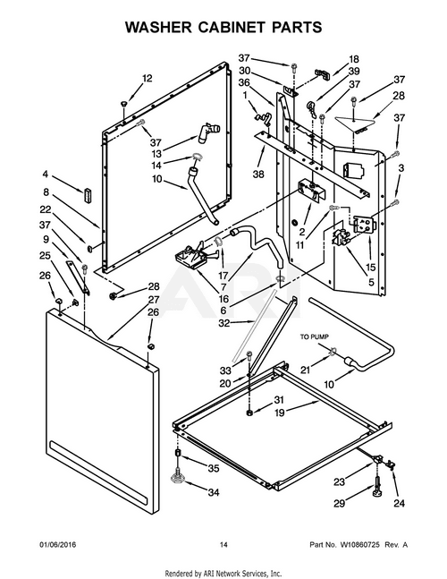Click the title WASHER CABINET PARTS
(223, 28)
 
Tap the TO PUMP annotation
(315, 337)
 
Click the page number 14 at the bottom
(223, 546)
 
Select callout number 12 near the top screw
(148, 78)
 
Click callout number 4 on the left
(44, 174)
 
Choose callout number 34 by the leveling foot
(214, 492)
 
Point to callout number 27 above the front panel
(153, 299)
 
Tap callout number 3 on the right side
(400, 167)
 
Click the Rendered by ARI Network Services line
(223, 571)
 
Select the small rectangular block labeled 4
(88, 195)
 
